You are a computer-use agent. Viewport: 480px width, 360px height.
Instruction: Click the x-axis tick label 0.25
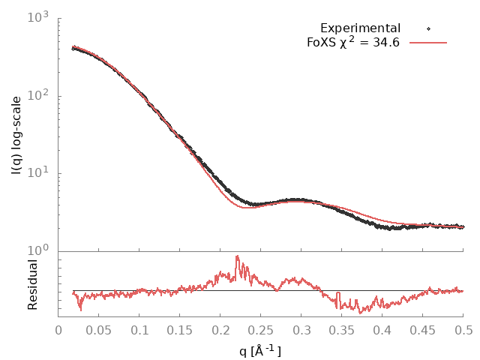click(261, 330)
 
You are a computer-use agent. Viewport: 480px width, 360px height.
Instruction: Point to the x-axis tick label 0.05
click(99, 330)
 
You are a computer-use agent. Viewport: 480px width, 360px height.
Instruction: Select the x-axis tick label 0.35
click(342, 330)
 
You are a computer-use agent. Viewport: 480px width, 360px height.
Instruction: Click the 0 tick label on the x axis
click(58, 330)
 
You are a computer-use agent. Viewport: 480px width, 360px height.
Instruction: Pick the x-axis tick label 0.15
click(180, 330)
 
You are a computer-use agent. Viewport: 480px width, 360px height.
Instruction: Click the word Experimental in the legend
click(360, 28)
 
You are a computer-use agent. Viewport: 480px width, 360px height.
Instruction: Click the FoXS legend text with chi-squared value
click(353, 42)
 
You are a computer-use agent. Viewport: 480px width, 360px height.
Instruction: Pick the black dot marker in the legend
click(428, 28)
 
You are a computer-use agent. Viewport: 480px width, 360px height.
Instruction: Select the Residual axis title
click(32, 285)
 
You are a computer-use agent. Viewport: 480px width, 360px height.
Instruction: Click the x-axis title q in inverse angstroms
click(260, 349)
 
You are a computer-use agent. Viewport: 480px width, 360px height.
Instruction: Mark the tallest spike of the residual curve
click(237, 256)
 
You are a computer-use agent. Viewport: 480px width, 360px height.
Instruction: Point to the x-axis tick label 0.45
click(423, 330)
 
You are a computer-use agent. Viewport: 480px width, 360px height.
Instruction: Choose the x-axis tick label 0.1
click(139, 330)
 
